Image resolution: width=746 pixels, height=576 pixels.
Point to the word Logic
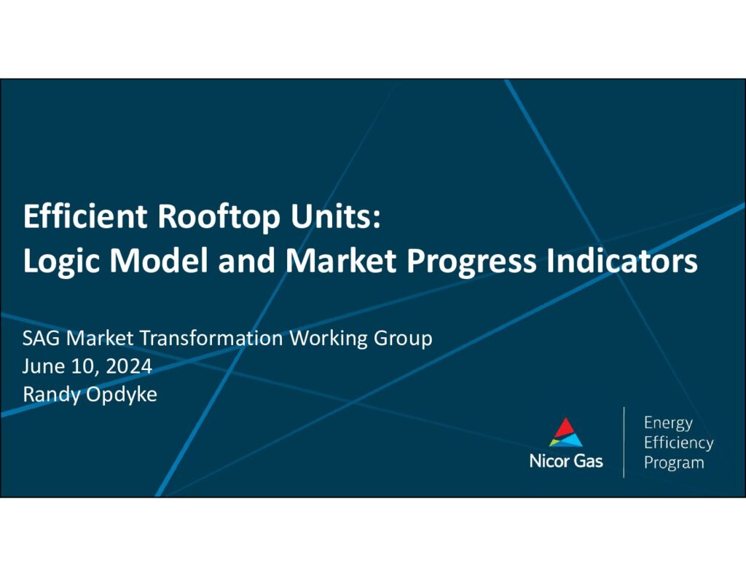tap(61, 262)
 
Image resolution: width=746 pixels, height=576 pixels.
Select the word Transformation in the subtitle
tap(211, 338)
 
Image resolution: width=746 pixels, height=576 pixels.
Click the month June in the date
tap(43, 367)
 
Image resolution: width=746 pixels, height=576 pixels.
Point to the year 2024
tap(129, 367)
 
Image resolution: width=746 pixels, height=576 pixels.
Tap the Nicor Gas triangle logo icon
tap(565, 432)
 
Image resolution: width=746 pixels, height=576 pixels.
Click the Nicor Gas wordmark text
tap(566, 461)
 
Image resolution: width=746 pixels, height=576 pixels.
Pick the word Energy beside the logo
tap(668, 423)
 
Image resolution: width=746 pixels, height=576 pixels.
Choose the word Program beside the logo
tap(674, 463)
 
